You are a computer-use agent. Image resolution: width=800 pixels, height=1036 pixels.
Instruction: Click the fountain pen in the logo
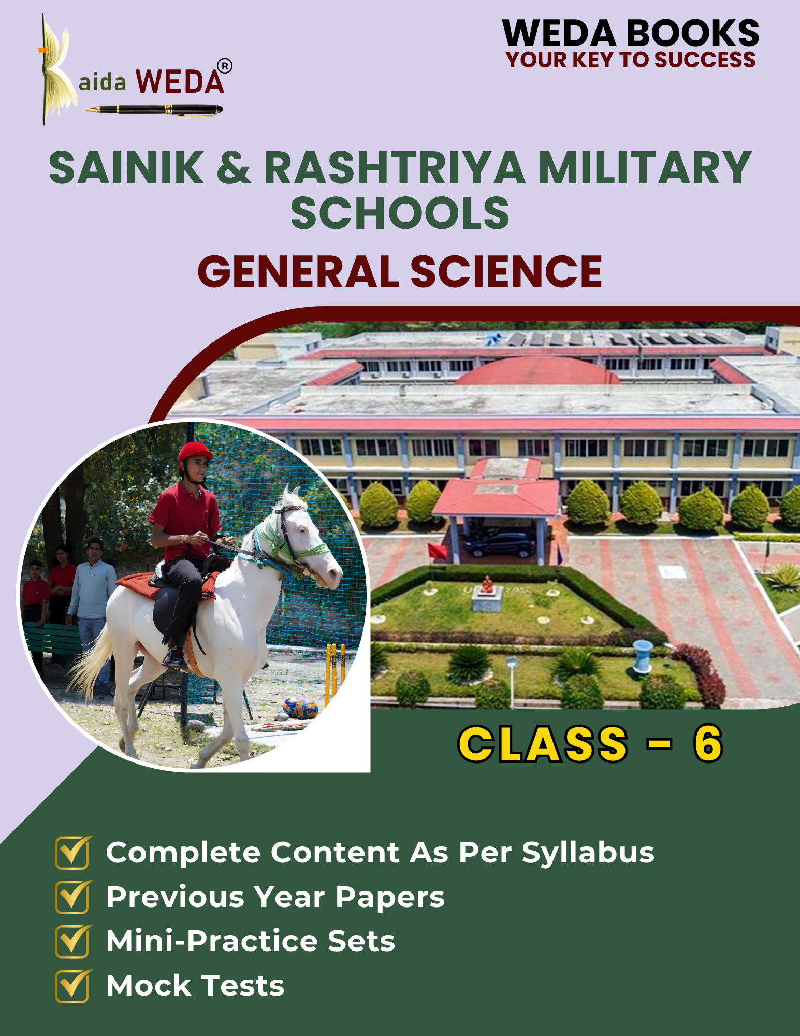tap(154, 109)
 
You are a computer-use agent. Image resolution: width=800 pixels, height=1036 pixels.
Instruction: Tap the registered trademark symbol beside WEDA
tap(225, 66)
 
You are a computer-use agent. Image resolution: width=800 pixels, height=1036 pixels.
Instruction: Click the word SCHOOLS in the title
tap(400, 213)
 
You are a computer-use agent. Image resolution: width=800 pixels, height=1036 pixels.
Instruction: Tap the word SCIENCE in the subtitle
tap(506, 272)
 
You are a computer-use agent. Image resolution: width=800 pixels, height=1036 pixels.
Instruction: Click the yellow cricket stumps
tap(334, 674)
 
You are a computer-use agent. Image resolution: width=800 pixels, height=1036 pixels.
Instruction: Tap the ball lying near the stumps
tap(300, 708)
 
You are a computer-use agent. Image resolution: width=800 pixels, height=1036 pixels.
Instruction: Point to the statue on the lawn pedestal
tap(487, 585)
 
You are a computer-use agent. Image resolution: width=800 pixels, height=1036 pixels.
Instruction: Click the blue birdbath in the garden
tap(643, 655)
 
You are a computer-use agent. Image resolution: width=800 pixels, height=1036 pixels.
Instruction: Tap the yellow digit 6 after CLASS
tap(708, 744)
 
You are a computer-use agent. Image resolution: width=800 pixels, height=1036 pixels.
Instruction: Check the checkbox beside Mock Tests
tap(73, 986)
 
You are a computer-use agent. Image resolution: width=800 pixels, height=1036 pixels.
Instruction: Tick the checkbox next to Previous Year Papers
tap(73, 897)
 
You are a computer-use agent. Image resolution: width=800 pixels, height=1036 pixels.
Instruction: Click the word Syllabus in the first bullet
tap(588, 853)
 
